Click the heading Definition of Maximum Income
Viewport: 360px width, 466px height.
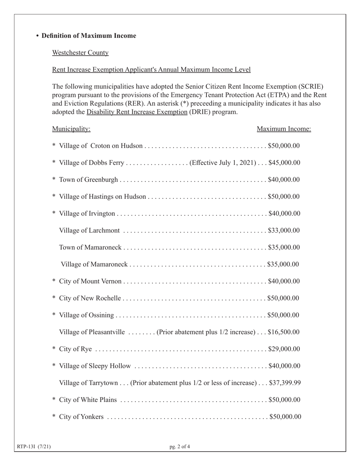point(89,36)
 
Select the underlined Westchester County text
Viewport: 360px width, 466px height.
point(80,53)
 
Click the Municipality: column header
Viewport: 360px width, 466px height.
point(71,129)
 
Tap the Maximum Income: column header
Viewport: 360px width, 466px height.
point(284,129)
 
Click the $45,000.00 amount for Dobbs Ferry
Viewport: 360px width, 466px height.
point(284,163)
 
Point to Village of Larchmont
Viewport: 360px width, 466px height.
point(89,231)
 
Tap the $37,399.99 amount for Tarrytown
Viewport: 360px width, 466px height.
point(285,383)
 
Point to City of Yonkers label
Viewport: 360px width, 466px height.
point(81,417)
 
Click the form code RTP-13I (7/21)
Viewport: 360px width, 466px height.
point(34,447)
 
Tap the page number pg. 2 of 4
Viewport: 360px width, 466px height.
point(180,447)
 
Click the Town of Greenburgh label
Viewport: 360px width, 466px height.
point(88,180)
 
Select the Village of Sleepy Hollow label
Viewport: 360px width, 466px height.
point(95,366)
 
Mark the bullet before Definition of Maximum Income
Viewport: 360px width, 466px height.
point(38,36)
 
